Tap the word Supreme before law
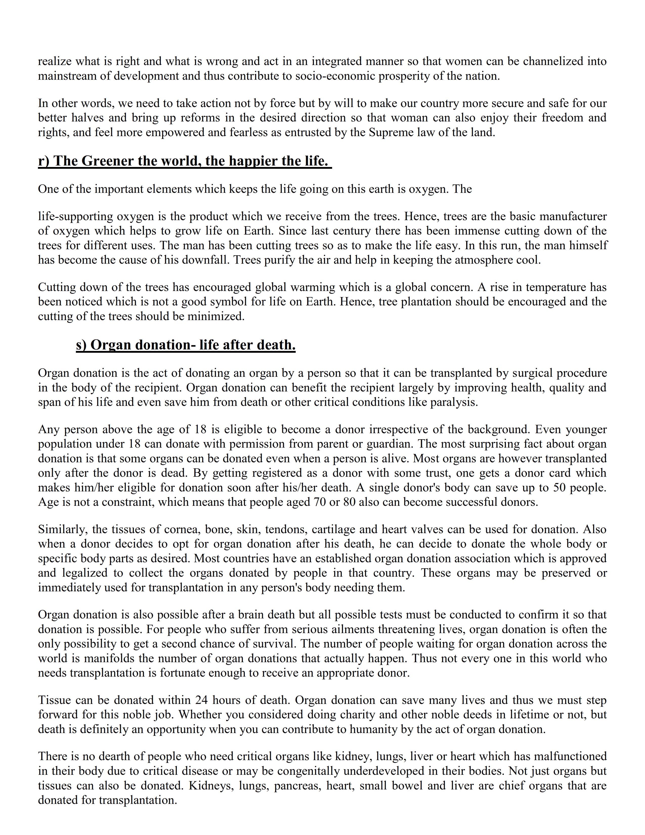point(389,132)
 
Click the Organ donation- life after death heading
point(186,345)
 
